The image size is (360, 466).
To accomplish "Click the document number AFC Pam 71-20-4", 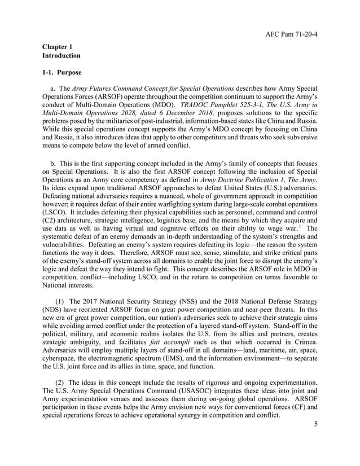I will (291, 33).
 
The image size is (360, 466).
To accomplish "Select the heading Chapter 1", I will (59, 47).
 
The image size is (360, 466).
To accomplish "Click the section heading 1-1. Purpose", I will (62, 73).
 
